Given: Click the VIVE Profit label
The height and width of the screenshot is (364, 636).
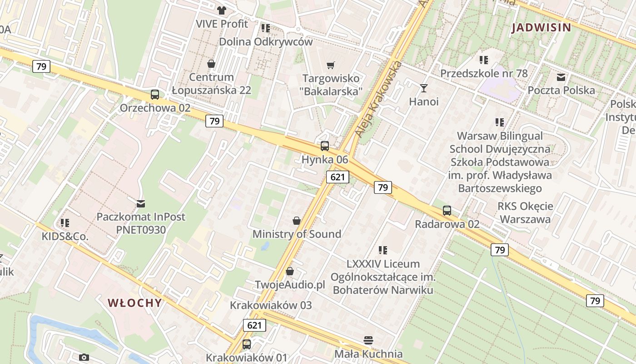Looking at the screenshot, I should pyautogui.click(x=222, y=24).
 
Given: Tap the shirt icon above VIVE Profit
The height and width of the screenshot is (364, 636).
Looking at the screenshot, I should pyautogui.click(x=222, y=10).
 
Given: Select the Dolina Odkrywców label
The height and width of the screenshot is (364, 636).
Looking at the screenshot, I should pyautogui.click(x=266, y=41).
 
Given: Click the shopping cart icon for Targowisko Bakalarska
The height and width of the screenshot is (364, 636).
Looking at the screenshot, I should pyautogui.click(x=331, y=65).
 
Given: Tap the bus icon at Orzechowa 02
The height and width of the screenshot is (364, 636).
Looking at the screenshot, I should pyautogui.click(x=155, y=95).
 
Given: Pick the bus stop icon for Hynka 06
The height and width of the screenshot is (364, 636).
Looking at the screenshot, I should pyautogui.click(x=325, y=146).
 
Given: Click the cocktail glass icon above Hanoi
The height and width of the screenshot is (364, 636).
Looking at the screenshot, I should pyautogui.click(x=424, y=88).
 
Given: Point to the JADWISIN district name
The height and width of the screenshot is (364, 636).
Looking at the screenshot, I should pyautogui.click(x=541, y=28).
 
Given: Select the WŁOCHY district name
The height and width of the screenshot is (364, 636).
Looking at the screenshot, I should pyautogui.click(x=134, y=303).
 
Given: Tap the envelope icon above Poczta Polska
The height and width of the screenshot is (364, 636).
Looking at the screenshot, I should pyautogui.click(x=561, y=77).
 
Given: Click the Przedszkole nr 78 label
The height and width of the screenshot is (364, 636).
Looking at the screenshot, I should pyautogui.click(x=484, y=73).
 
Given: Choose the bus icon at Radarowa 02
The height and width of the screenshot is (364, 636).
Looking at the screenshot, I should pyautogui.click(x=447, y=211).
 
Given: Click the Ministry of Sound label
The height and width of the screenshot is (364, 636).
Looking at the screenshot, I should pyautogui.click(x=297, y=234).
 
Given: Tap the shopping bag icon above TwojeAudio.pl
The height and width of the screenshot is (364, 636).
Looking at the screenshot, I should pyautogui.click(x=290, y=271).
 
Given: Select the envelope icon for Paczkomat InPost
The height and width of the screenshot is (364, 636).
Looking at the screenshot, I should pyautogui.click(x=141, y=203).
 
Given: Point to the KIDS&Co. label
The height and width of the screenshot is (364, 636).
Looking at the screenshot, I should pyautogui.click(x=65, y=237).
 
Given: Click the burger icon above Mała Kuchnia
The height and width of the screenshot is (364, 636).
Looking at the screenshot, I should pyautogui.click(x=368, y=340).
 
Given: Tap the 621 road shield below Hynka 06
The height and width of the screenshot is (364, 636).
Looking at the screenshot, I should pyautogui.click(x=338, y=177).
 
